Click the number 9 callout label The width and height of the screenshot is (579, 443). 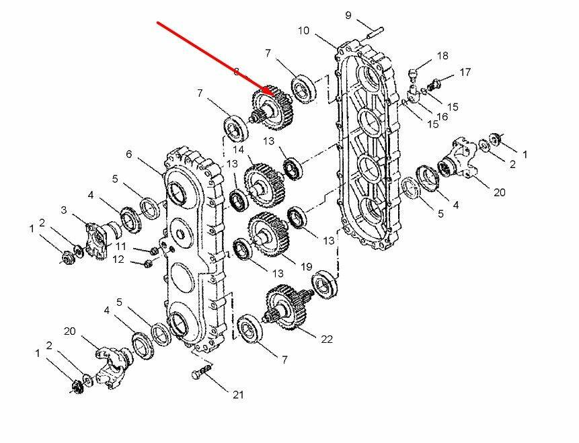348,15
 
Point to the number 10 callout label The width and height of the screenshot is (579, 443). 303,30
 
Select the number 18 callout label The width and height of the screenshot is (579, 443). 442,55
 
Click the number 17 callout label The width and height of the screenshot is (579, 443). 465,72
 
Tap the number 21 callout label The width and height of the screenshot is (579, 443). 238,395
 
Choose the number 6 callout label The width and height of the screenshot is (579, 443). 128,154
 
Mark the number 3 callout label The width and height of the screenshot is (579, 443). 63,210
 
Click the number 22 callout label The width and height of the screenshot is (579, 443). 326,339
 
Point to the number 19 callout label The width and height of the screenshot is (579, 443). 306,267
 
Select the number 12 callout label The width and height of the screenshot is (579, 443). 118,259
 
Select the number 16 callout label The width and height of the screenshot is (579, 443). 441,116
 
